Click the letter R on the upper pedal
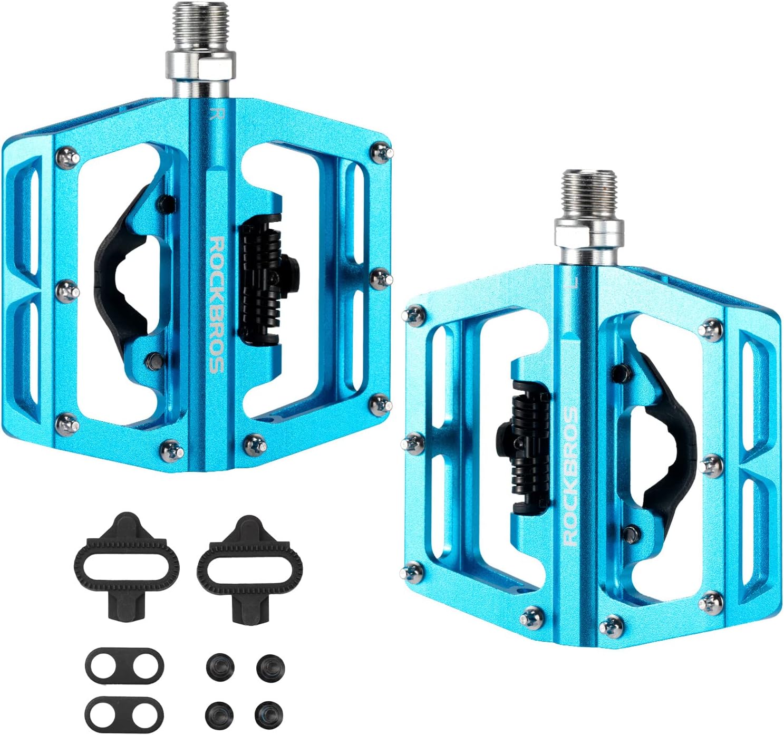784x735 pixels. point(215,114)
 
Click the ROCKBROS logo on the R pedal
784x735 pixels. point(216,305)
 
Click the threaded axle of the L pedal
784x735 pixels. point(590,195)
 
